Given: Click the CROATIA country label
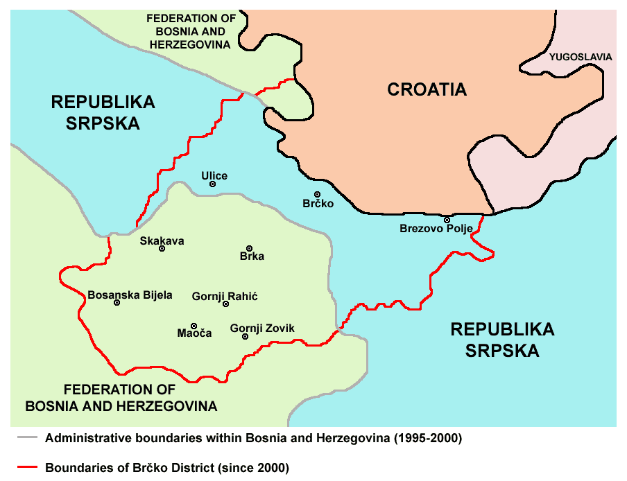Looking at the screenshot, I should [427, 89].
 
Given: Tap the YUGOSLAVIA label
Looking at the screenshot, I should [581, 57].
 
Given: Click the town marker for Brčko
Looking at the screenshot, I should [318, 195].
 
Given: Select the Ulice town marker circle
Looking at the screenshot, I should [213, 184].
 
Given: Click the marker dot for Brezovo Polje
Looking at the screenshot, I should [447, 220].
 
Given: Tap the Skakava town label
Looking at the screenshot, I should [162, 240].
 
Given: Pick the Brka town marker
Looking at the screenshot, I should [250, 248].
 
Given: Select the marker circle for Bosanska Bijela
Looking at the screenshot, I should [117, 303].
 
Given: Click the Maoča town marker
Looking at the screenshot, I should [194, 326].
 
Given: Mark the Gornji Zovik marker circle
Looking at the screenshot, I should [245, 336].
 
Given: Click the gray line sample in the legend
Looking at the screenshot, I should [26, 438].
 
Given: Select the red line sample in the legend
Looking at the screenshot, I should [26, 467].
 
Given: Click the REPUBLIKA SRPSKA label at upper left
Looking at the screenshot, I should [103, 113].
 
